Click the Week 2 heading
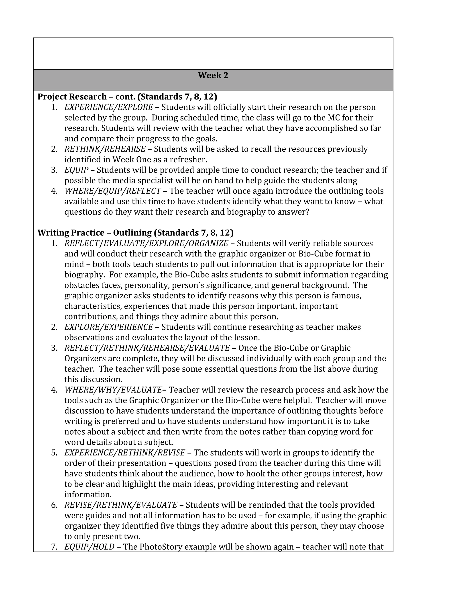tap(213, 75)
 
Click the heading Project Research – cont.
tap(127, 96)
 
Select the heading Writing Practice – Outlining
tap(135, 233)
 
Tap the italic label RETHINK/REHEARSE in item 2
tap(105, 149)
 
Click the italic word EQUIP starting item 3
tap(76, 170)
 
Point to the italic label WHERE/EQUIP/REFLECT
tap(113, 191)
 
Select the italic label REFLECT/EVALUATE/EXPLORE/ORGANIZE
tap(146, 243)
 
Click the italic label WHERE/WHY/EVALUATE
tap(113, 390)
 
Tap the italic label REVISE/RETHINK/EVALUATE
tap(121, 505)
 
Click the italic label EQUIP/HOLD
tap(90, 547)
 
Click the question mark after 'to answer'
tap(307, 212)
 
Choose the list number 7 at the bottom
tap(54, 547)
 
